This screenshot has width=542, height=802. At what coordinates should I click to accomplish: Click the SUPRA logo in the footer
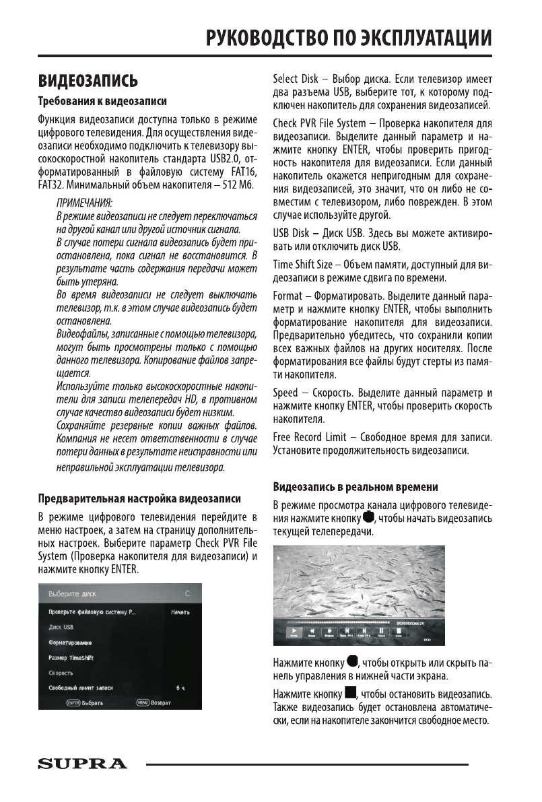click(x=81, y=764)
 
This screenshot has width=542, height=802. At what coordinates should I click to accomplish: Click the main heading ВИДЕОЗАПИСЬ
click(x=88, y=81)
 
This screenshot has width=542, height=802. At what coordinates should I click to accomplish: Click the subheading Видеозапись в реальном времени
click(x=355, y=486)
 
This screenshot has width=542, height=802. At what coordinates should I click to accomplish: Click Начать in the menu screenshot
click(x=180, y=612)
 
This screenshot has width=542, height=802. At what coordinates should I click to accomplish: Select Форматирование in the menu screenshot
click(x=70, y=642)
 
